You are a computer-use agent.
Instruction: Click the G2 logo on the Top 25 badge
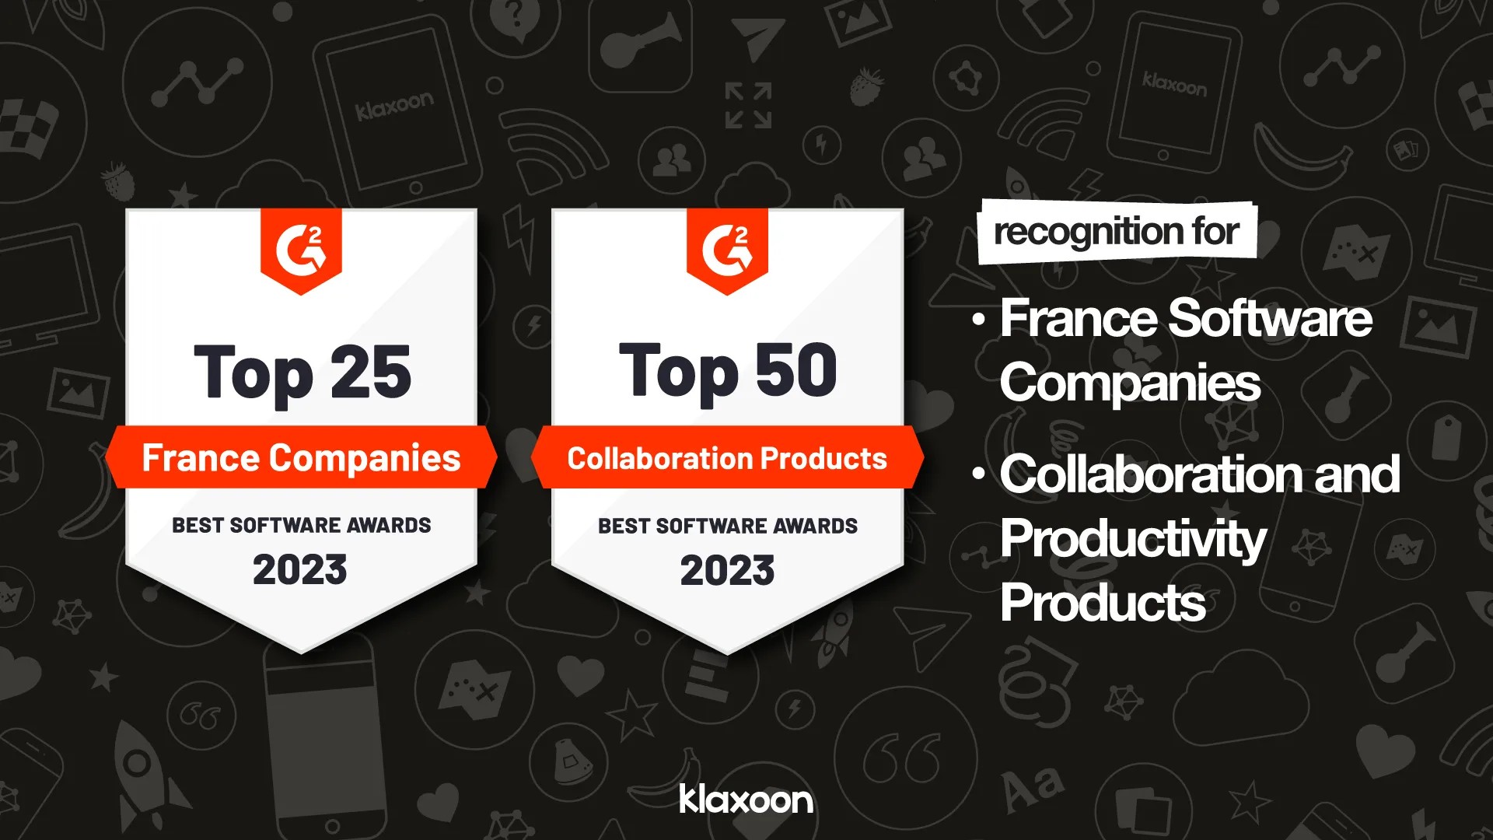click(301, 248)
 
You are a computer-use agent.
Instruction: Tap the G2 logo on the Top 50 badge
click(727, 248)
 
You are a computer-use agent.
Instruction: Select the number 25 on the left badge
click(370, 373)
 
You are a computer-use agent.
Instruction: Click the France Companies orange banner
click(301, 457)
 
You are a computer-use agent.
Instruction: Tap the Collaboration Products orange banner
click(727, 458)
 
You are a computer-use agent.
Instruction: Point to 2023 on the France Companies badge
click(300, 569)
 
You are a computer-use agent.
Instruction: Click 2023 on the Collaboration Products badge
click(727, 570)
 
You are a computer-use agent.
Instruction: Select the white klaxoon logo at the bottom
click(746, 800)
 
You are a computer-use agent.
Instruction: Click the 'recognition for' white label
click(1117, 232)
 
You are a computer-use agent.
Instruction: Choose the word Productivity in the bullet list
click(1133, 538)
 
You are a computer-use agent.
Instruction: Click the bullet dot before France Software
click(979, 320)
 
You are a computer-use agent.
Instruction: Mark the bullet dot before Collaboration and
click(979, 474)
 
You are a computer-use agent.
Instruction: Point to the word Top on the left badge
click(253, 374)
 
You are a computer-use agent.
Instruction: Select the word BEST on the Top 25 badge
click(198, 526)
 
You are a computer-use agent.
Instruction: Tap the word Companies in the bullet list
click(1130, 383)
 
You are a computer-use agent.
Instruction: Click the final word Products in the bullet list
click(1103, 603)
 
